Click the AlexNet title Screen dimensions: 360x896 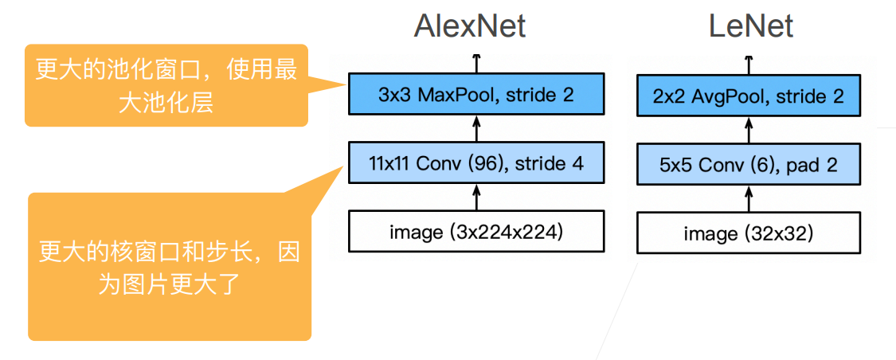tap(470, 26)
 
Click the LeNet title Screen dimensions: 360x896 tap(750, 26)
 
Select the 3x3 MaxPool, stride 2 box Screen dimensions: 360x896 tap(476, 95)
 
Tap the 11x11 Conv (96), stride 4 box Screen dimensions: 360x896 tap(476, 164)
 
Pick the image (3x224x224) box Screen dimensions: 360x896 tap(476, 233)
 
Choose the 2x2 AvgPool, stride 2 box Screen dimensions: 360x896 tap(749, 96)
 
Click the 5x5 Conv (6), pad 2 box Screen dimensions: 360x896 tap(749, 165)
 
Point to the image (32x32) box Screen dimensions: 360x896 tap(749, 233)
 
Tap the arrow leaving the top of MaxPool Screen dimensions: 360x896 tap(476, 64)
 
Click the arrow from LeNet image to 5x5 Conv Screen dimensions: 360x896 tap(749, 199)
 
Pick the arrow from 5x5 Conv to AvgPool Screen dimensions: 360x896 tap(749, 131)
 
